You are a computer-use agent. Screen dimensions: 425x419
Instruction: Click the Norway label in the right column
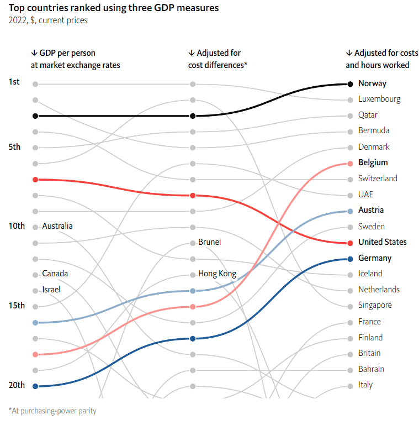(x=372, y=83)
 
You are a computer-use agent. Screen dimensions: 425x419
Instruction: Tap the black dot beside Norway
(x=350, y=84)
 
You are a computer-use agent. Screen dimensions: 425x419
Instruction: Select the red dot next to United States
(x=350, y=243)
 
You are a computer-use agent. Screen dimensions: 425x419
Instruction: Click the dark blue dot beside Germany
(x=350, y=259)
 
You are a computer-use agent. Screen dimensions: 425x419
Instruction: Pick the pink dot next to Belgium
(x=350, y=163)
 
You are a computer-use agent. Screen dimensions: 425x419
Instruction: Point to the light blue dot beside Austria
(x=350, y=211)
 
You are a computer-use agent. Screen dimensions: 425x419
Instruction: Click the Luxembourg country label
(x=379, y=99)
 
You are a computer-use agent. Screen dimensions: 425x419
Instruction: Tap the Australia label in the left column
(x=57, y=226)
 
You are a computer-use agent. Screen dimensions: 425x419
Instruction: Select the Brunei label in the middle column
(x=210, y=242)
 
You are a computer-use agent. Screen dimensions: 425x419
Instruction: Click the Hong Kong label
(x=217, y=274)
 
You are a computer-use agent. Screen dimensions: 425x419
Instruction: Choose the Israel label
(x=51, y=290)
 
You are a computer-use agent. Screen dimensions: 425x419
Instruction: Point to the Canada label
(x=55, y=274)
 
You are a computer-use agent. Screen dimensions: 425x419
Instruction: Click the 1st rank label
(x=14, y=82)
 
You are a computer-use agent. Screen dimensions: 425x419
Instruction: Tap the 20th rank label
(x=17, y=385)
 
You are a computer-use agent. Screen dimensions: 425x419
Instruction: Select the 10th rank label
(x=17, y=226)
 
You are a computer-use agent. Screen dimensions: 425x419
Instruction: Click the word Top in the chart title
(x=16, y=8)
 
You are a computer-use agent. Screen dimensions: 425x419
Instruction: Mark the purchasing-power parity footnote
(x=52, y=411)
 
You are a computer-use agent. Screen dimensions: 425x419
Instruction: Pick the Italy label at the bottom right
(x=365, y=385)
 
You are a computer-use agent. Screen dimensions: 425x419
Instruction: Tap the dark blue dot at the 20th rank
(x=35, y=386)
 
